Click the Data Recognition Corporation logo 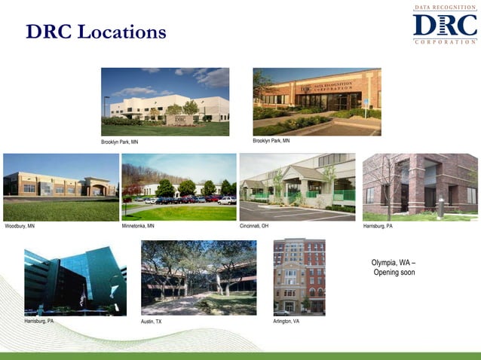(x=445, y=24)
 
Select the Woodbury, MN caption (x=20, y=226)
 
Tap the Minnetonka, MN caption (x=138, y=226)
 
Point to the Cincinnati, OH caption (x=254, y=226)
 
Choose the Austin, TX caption (x=152, y=322)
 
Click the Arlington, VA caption (x=286, y=322)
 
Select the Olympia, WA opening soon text (x=394, y=267)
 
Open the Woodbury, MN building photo (x=61, y=187)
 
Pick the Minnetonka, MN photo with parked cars (x=179, y=187)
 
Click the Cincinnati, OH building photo (x=297, y=187)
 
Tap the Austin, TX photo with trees (x=198, y=277)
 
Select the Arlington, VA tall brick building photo (x=299, y=277)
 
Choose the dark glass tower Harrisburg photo (x=75, y=279)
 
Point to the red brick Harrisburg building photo (x=420, y=187)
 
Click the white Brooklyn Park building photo (x=165, y=102)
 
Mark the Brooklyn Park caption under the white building (x=119, y=142)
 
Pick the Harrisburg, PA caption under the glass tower (x=38, y=322)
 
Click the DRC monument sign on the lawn (x=179, y=119)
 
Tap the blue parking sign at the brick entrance (x=366, y=102)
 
